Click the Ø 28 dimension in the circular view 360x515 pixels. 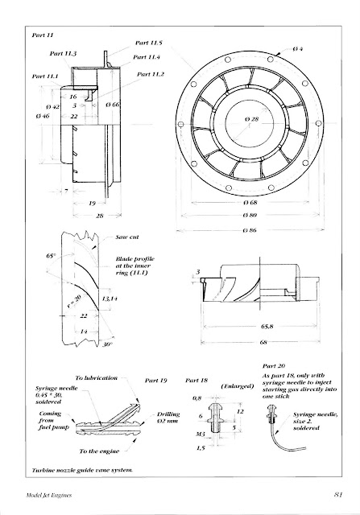tap(254, 120)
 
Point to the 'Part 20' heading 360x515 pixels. tap(275, 365)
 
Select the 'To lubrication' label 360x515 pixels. tap(97, 377)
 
